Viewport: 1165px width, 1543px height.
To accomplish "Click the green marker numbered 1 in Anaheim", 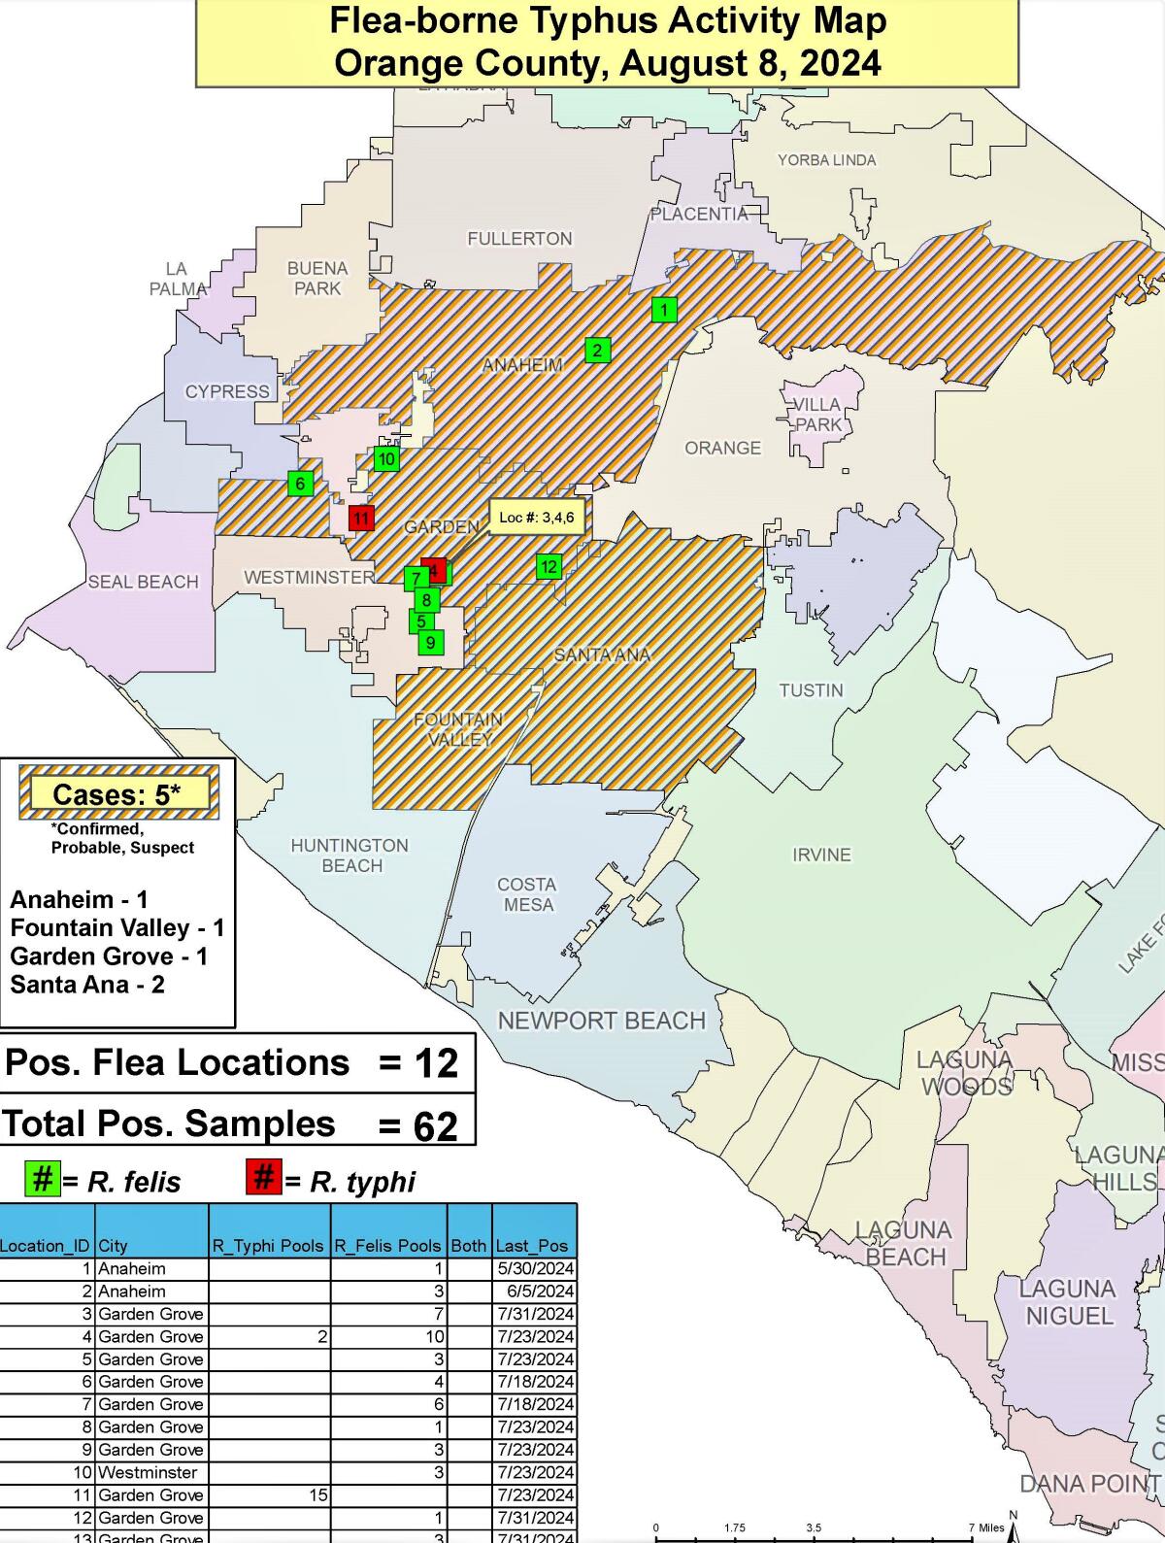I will (663, 310).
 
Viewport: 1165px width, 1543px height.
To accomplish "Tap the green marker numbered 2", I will (597, 351).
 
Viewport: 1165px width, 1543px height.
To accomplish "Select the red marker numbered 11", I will (361, 518).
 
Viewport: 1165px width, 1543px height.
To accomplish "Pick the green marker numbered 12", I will (549, 566).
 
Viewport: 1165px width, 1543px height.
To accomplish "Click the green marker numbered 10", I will (386, 459).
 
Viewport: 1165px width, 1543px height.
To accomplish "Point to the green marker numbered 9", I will (430, 642).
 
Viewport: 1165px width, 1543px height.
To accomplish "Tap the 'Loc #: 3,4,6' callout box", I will (536, 518).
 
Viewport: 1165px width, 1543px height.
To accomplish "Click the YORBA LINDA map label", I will (826, 160).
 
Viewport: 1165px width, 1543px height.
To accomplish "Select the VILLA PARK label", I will (817, 415).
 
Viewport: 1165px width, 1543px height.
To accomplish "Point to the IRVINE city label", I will (821, 855).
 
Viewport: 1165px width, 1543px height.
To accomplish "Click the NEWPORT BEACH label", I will (601, 1021).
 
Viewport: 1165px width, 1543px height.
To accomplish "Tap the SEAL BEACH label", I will (143, 582).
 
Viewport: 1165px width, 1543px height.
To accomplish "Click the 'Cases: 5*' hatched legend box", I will (117, 793).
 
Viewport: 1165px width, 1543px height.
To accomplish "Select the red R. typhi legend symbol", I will (263, 1179).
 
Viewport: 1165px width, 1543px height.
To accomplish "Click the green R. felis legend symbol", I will (42, 1179).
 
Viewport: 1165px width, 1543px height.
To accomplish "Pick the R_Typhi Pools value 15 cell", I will (318, 1495).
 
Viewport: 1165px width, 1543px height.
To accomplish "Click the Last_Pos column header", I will (532, 1246).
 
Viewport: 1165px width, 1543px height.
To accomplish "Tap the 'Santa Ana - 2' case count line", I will (87, 985).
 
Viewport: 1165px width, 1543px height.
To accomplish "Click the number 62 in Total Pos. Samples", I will (435, 1126).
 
